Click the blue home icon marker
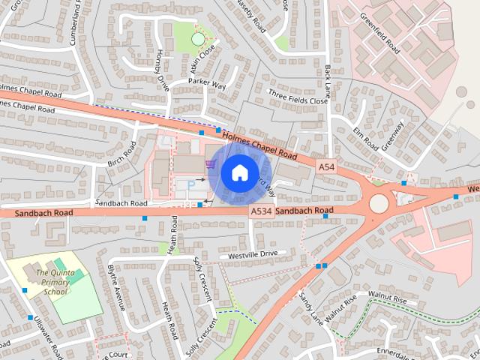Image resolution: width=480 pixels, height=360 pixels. [238, 172]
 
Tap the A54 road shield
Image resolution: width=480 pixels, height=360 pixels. [325, 166]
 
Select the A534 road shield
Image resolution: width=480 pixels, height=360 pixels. [260, 212]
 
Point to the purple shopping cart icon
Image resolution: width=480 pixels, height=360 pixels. [209, 163]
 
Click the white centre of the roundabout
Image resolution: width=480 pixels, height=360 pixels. [379, 203]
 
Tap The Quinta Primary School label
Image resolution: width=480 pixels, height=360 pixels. [55, 282]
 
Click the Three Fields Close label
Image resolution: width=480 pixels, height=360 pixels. [298, 98]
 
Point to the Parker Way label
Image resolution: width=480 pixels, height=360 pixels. [207, 85]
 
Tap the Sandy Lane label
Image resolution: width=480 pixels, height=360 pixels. [309, 308]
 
